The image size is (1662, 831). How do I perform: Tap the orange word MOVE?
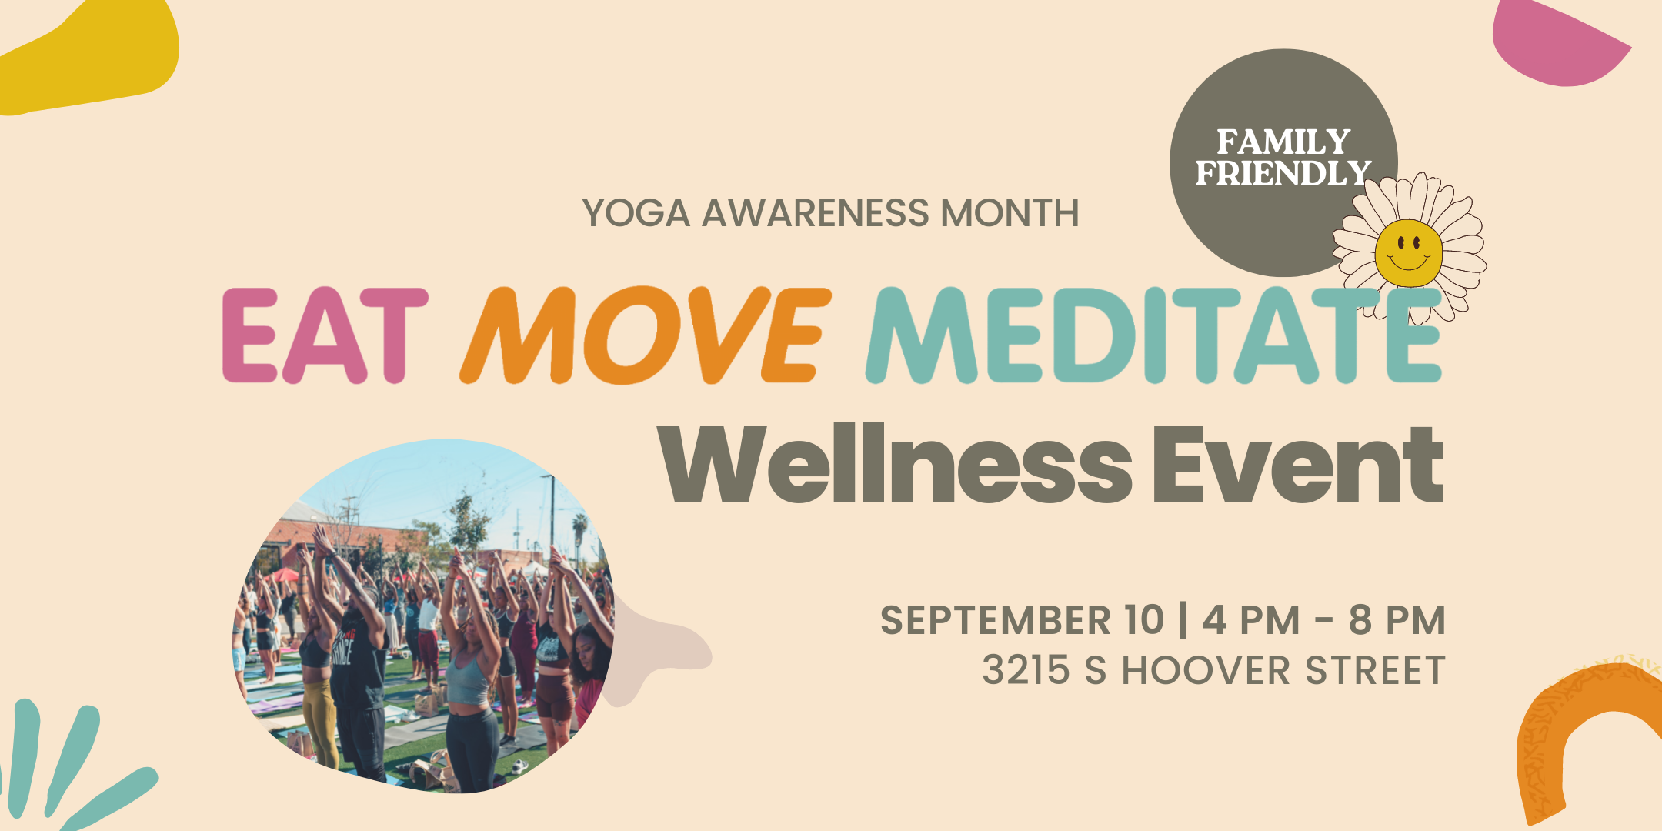point(645,335)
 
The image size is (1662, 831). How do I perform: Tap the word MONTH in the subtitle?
point(1010,213)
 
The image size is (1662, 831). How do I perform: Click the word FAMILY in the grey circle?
point(1283,142)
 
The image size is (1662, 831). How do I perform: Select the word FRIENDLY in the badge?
point(1283,174)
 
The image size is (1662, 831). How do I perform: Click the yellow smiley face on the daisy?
point(1408,252)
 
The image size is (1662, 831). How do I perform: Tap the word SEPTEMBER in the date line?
point(996,620)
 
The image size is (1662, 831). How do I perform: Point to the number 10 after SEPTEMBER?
point(1143,620)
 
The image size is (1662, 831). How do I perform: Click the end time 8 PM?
point(1397,620)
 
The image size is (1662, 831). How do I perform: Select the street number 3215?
point(1026,670)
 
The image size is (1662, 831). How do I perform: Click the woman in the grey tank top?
point(469,677)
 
